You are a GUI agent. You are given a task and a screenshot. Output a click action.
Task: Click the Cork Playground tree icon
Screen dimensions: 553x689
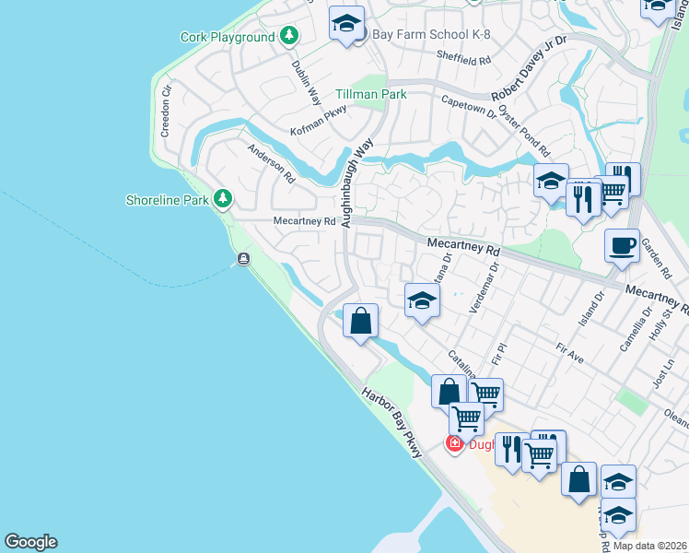[290, 37]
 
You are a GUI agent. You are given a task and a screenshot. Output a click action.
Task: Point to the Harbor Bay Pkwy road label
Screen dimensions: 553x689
[391, 423]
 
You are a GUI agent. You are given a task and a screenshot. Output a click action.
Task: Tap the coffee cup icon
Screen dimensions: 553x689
[622, 245]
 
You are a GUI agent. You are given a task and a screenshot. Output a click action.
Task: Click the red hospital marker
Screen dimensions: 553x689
[454, 444]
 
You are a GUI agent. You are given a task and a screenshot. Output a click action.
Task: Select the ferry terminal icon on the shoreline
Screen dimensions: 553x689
[243, 259]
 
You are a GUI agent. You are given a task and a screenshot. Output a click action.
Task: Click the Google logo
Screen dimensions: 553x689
[30, 542]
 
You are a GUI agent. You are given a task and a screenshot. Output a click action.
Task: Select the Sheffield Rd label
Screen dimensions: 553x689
[465, 57]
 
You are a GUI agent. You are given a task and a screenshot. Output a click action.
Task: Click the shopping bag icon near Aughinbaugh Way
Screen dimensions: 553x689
[362, 322]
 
